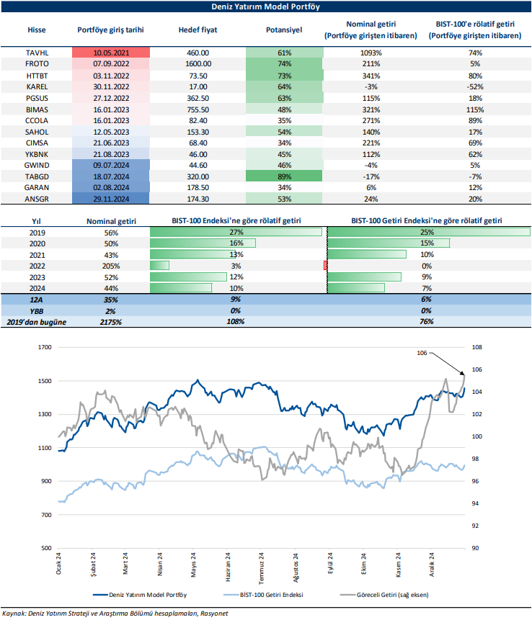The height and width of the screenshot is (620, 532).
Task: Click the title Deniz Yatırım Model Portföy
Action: [266, 6]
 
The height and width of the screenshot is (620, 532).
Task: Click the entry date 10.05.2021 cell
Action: [111, 53]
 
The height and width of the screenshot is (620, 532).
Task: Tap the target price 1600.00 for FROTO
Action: [198, 64]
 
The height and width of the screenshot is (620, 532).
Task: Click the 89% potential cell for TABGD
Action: [284, 175]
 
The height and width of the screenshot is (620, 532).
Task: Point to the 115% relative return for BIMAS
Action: [474, 108]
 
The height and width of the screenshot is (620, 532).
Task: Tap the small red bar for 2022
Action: [326, 266]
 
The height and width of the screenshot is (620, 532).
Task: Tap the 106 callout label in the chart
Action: [422, 353]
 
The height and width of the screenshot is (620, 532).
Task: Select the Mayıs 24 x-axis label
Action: [194, 566]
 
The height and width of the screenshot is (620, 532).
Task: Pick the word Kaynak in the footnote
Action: [14, 613]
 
